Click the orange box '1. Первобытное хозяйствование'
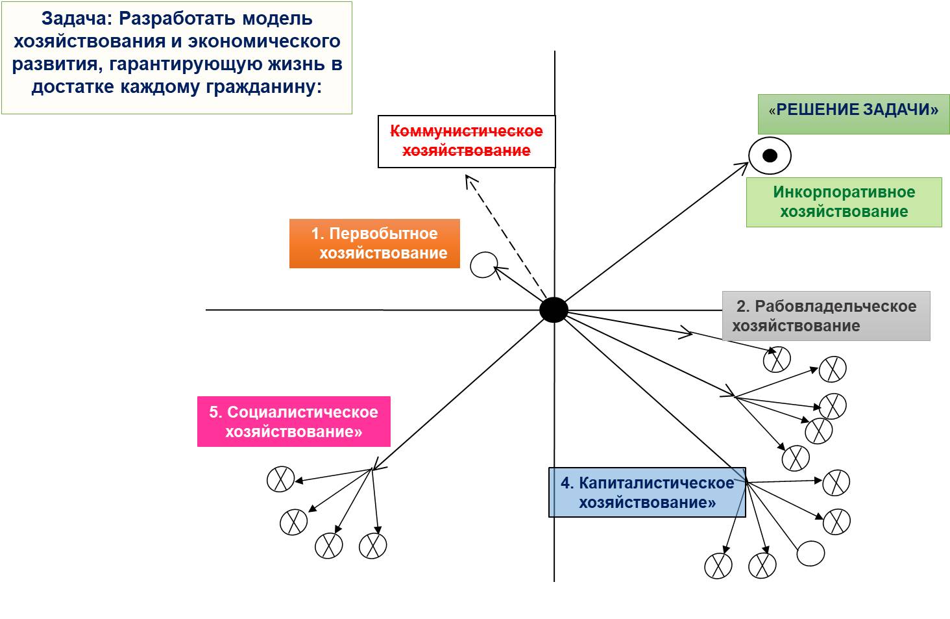pos(374,244)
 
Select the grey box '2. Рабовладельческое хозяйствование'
pos(825,316)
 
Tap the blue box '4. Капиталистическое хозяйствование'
pos(647,492)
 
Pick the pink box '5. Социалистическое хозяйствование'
pos(293,422)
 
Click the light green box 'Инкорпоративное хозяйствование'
pos(844,202)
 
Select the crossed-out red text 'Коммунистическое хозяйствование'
pos(467,141)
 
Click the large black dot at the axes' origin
pos(554,310)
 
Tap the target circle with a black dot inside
pos(770,156)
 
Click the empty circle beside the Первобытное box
pos(483,264)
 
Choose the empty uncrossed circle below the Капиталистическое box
pos(810,553)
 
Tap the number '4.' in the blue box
pos(567,483)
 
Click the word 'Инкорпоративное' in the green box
pos(844,192)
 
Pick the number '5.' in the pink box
pos(216,412)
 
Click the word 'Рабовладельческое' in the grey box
pos(836,307)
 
